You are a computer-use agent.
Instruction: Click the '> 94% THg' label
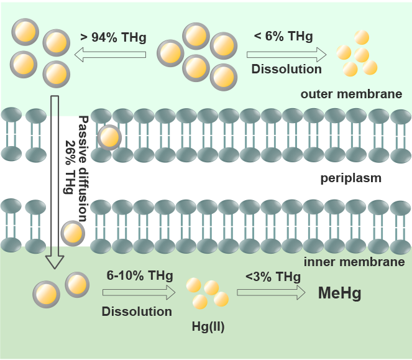pos(113,37)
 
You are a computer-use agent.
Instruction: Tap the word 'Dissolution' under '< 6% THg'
pos(286,69)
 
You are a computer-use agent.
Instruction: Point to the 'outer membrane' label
pos(351,95)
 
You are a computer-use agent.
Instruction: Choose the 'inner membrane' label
pos(354,262)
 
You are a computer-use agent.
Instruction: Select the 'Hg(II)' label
pos(209,324)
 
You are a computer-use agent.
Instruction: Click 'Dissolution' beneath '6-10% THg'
pos(137,311)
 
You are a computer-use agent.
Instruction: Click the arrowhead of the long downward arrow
pos(55,261)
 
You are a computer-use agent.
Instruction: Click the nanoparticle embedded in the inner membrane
pos(72,234)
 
